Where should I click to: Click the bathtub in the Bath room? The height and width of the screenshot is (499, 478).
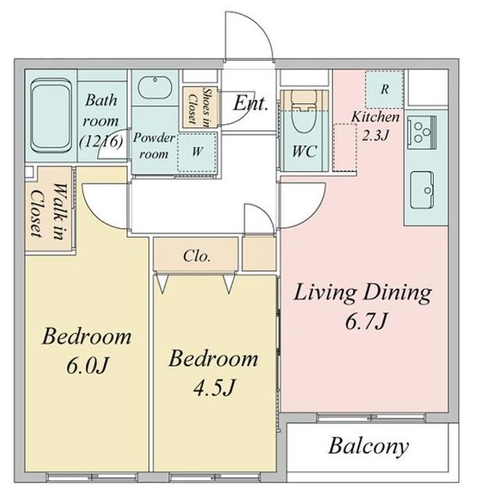[x=51, y=116]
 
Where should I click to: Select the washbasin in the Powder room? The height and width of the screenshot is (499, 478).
[x=155, y=87]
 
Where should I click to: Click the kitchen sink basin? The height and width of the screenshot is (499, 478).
[x=422, y=190]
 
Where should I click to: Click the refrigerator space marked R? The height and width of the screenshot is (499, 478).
[x=384, y=89]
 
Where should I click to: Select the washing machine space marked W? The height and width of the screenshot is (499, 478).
[x=197, y=152]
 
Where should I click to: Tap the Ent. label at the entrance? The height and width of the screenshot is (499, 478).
[x=250, y=103]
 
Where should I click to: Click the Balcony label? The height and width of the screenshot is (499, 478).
[x=369, y=446]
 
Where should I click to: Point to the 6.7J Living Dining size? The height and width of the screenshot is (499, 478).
[x=366, y=321]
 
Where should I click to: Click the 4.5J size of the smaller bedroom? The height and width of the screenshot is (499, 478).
[x=214, y=387]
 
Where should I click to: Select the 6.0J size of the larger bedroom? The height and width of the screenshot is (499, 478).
[x=87, y=365]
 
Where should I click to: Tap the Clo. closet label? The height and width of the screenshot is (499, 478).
[x=197, y=256]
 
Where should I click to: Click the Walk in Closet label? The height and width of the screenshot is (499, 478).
[x=51, y=211]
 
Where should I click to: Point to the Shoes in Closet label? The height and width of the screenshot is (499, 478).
[x=200, y=107]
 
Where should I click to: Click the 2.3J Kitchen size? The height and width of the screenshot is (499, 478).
[x=375, y=136]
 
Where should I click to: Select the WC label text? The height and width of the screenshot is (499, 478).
[x=305, y=152]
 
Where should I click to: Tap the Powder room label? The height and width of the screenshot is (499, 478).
[x=154, y=146]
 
